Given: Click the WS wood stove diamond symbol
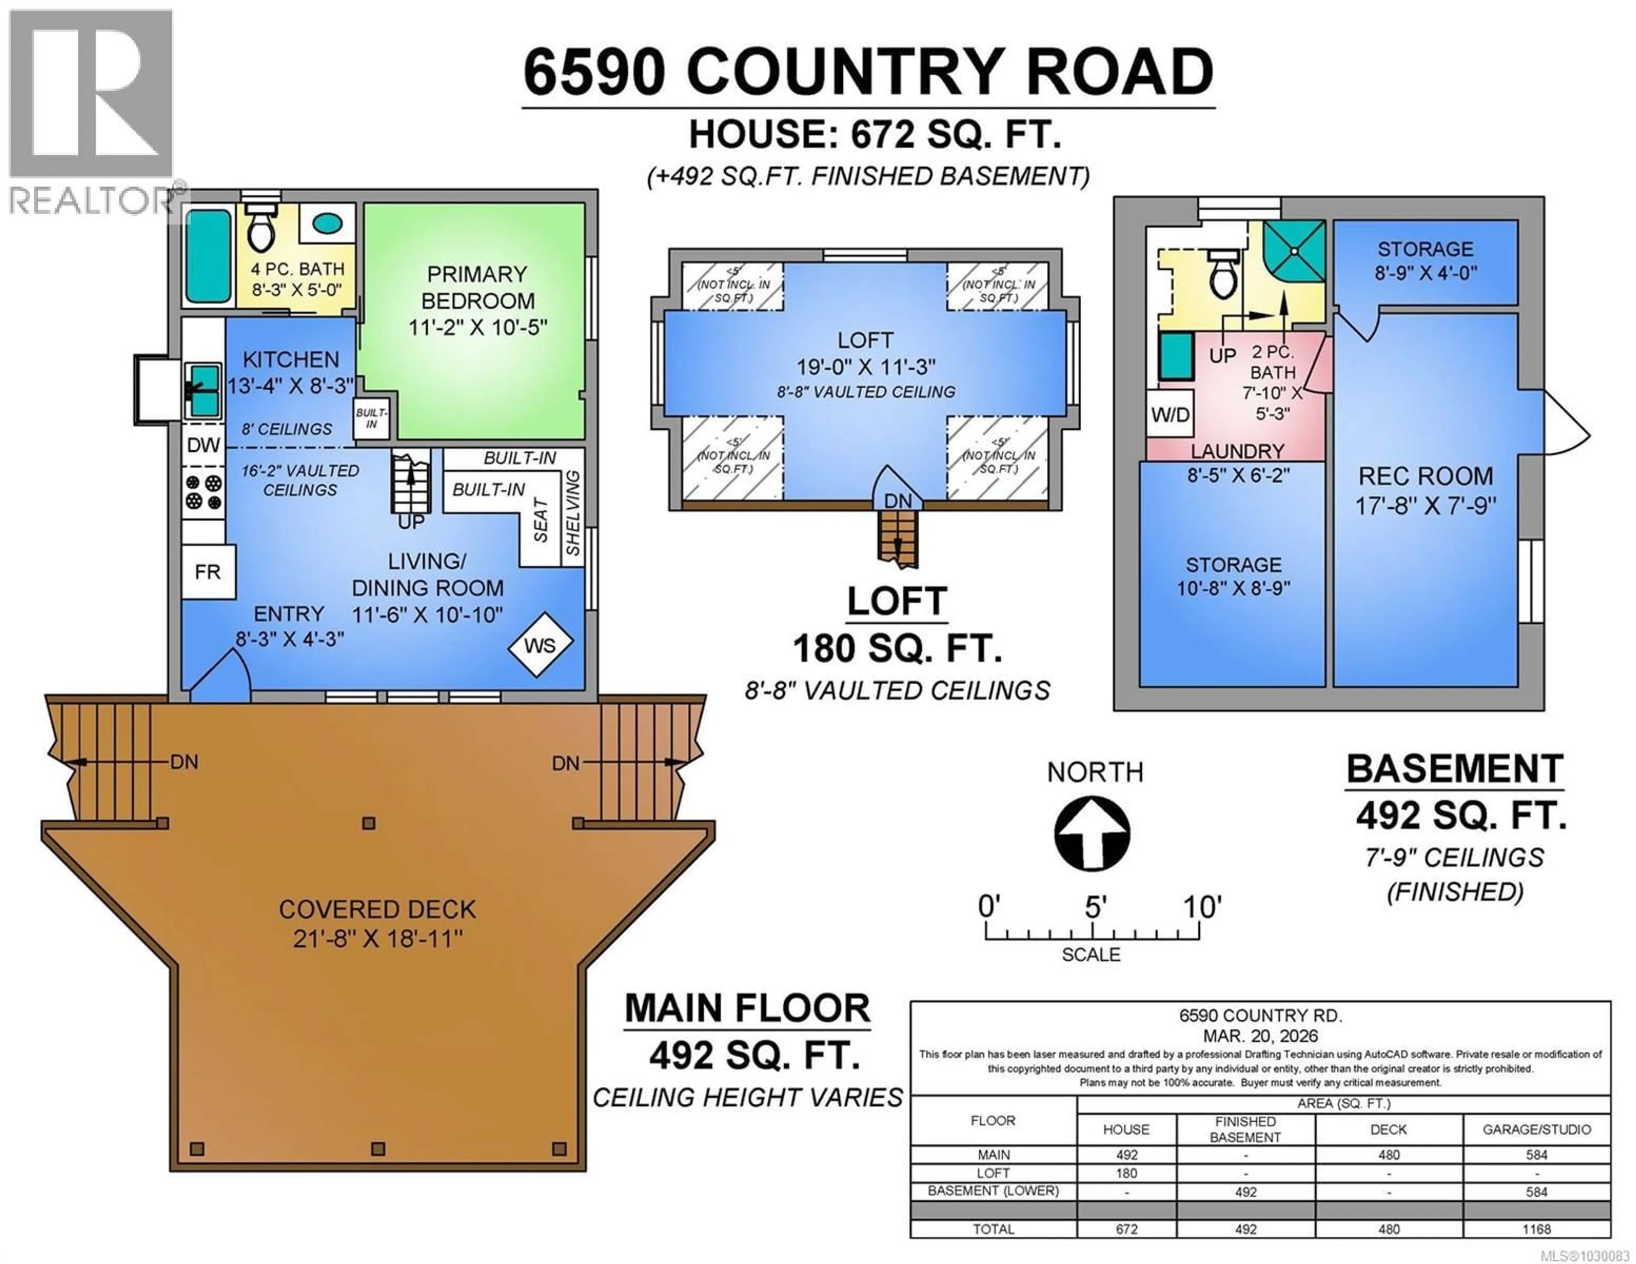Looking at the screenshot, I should (x=540, y=645).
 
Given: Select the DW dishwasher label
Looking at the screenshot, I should (x=203, y=445).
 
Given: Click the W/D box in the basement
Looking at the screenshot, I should (x=1169, y=414).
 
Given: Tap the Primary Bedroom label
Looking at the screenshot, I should (x=477, y=288).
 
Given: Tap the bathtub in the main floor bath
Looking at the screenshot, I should (x=207, y=256).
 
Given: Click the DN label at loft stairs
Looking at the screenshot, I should (x=898, y=501).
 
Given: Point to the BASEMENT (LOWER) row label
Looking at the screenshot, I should (x=993, y=1191).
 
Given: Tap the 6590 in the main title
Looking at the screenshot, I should (x=593, y=73).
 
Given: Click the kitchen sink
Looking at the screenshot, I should (x=202, y=390).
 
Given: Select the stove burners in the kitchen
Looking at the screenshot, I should (x=203, y=492).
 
